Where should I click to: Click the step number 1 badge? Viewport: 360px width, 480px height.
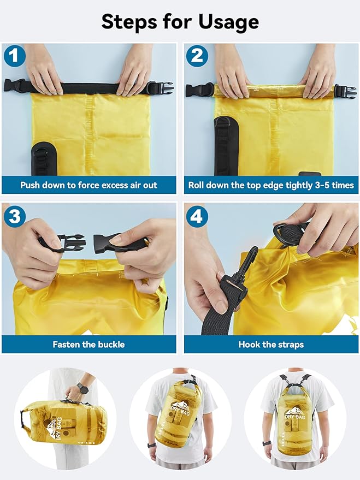(x=14, y=56)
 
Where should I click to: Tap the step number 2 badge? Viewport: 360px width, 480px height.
(x=197, y=56)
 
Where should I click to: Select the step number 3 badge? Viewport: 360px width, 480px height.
(x=14, y=216)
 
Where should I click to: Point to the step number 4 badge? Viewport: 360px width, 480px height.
(x=197, y=216)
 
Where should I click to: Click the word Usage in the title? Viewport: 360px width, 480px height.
(x=229, y=22)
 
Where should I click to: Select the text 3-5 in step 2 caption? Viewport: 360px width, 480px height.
(x=324, y=185)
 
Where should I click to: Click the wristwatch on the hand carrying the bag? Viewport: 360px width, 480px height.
(x=82, y=388)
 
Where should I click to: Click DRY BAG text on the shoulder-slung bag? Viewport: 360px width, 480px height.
(x=180, y=410)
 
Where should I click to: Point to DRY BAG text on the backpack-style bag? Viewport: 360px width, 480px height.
(x=295, y=417)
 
